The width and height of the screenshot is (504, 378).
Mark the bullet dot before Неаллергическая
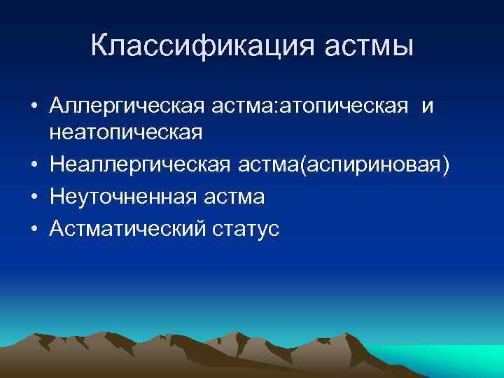[34, 164]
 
